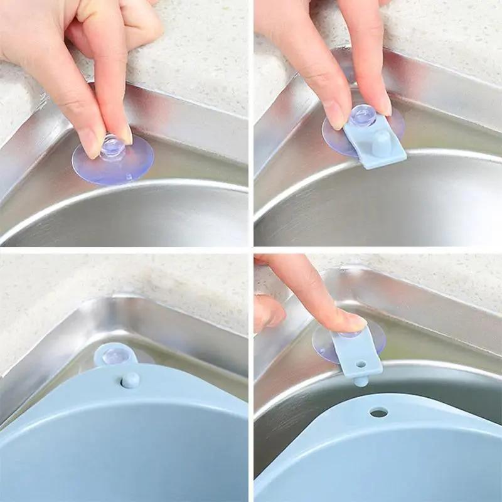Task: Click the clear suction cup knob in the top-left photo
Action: [114, 147]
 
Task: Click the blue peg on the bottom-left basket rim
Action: [131, 380]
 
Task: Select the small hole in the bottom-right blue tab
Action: [361, 363]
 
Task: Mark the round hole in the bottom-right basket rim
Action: [378, 412]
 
